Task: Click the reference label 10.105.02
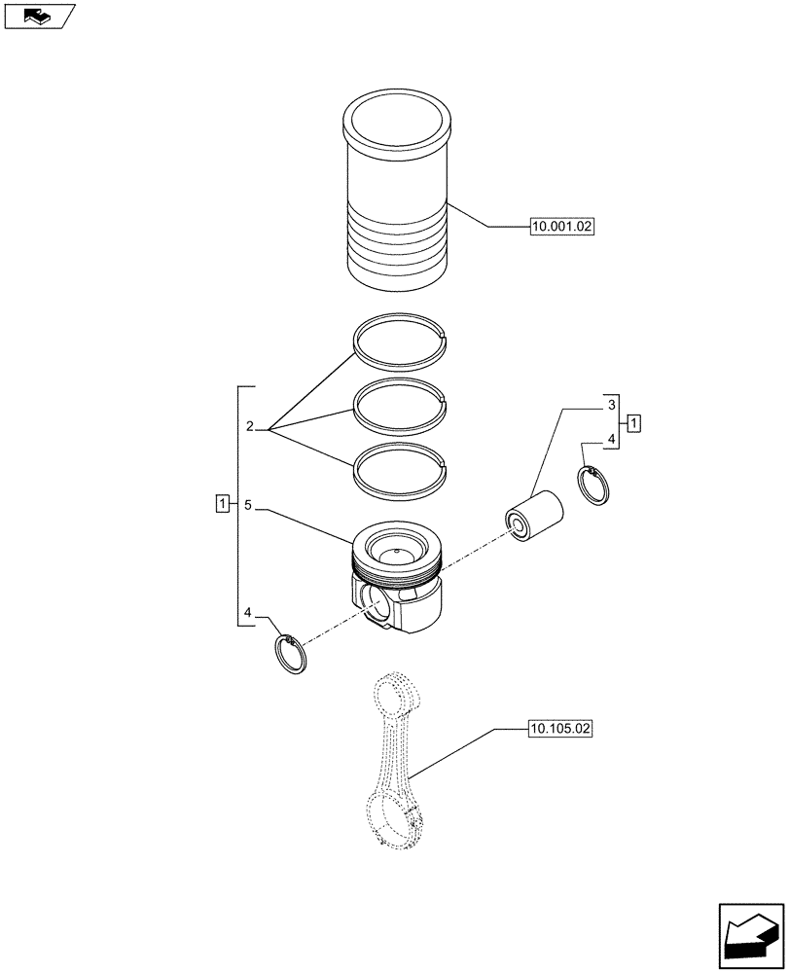(x=561, y=728)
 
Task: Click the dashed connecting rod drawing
(x=396, y=769)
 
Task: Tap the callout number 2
(x=250, y=427)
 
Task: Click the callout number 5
(x=249, y=505)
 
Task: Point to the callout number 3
(x=611, y=404)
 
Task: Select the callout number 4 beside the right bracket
(x=611, y=441)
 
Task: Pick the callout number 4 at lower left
(x=249, y=613)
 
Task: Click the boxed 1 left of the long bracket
(x=223, y=504)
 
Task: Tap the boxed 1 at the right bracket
(x=634, y=422)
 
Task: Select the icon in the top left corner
(x=39, y=17)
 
